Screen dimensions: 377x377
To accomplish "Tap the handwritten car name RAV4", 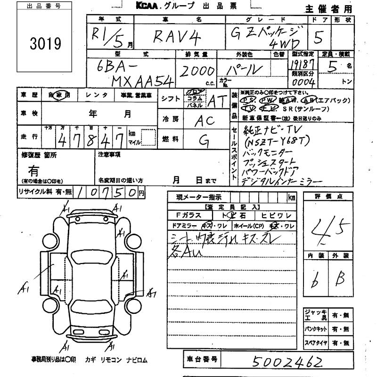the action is click(172, 37).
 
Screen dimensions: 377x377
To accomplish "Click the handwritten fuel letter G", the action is click(204, 140).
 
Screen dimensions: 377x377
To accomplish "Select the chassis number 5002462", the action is click(287, 361).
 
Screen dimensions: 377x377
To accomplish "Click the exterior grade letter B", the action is click(340, 281).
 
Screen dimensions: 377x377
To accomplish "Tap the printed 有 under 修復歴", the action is click(34, 170).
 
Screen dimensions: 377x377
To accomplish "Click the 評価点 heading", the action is click(328, 197).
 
